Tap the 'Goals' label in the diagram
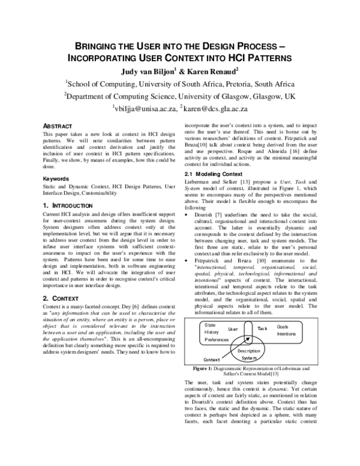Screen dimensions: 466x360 click(281, 326)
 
